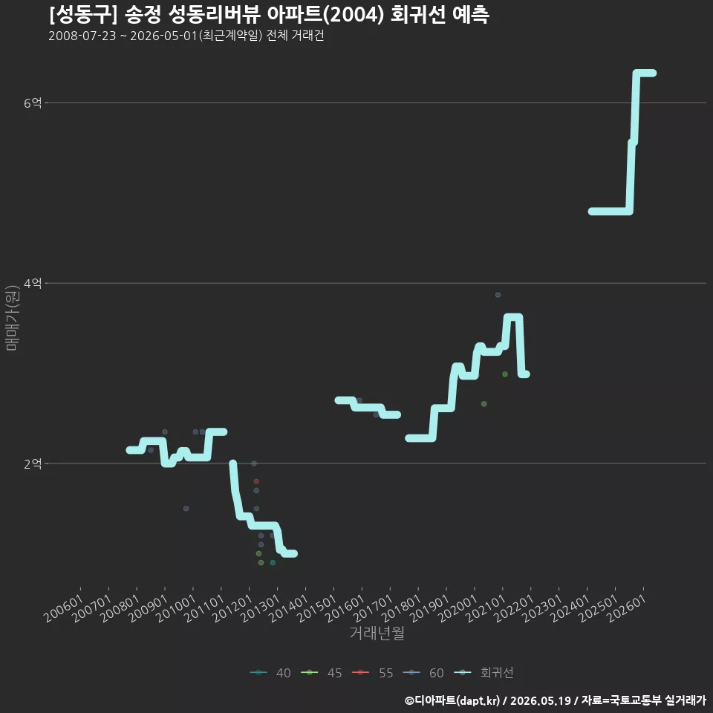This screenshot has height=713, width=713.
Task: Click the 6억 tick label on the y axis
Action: (x=32, y=102)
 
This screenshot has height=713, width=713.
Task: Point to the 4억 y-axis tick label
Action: (x=32, y=283)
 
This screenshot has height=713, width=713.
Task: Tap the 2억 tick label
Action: (x=32, y=463)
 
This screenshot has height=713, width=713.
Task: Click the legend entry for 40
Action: (x=270, y=673)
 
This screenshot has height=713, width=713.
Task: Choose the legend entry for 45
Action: (x=322, y=673)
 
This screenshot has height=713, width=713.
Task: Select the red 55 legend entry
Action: (x=372, y=673)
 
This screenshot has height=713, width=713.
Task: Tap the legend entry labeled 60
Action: (x=423, y=673)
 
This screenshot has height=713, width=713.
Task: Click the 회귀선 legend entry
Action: (x=484, y=673)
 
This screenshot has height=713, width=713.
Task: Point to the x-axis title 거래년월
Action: (x=377, y=633)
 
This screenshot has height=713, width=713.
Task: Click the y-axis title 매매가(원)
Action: (x=12, y=318)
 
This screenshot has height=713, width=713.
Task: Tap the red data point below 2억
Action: (x=256, y=481)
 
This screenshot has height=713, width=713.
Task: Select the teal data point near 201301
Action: (x=273, y=563)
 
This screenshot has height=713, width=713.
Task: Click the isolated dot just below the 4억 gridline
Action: (x=498, y=295)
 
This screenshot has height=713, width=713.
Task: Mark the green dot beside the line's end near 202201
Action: (x=505, y=374)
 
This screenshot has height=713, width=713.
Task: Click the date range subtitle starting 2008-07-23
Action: (x=186, y=36)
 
